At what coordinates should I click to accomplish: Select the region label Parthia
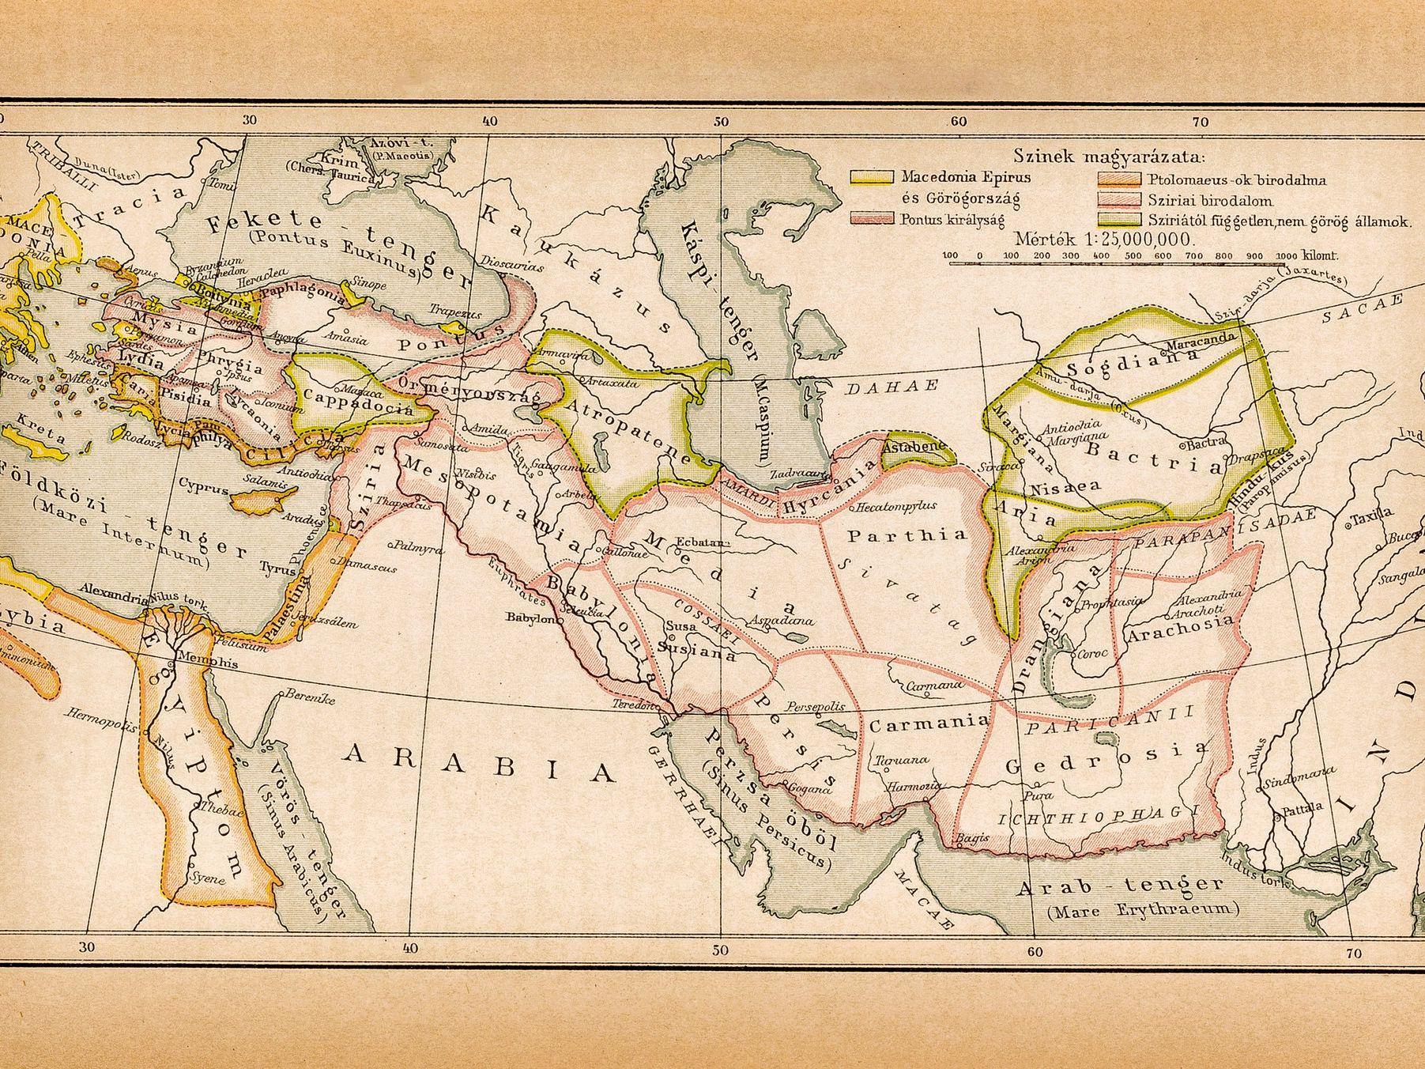click(x=907, y=534)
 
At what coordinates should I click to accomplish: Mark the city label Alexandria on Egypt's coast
click(x=111, y=590)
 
